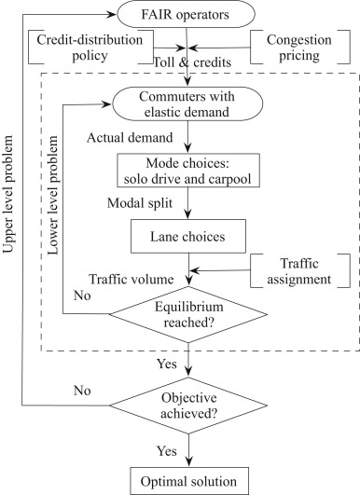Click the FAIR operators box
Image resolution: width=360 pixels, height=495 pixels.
pyautogui.click(x=189, y=14)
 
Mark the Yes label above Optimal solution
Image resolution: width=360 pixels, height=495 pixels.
pyautogui.click(x=165, y=450)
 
